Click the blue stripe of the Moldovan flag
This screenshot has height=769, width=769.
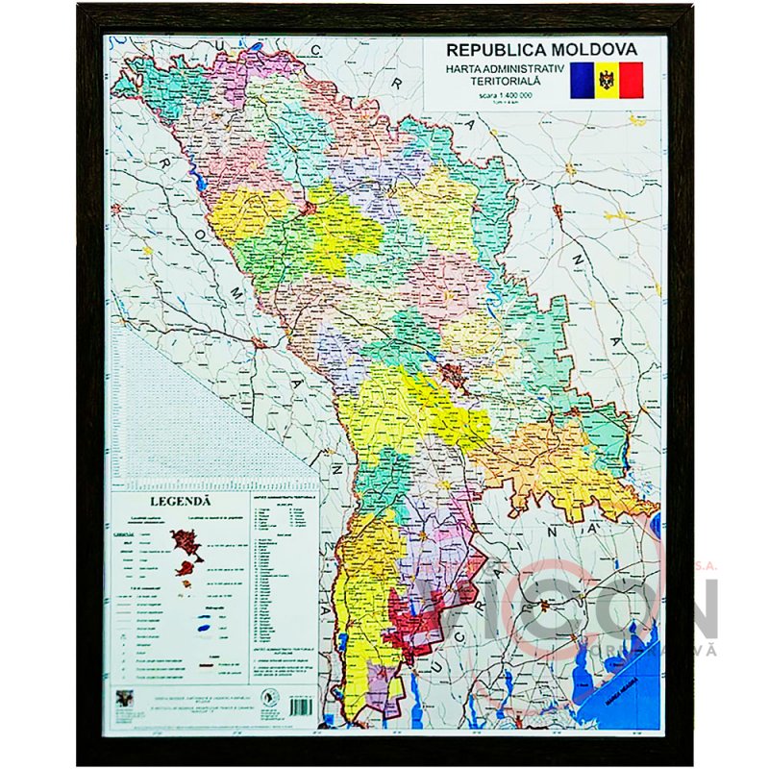point(583,80)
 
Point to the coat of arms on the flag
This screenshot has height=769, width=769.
point(606,80)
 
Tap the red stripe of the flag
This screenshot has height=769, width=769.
point(631,80)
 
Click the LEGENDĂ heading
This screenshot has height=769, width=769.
point(178,500)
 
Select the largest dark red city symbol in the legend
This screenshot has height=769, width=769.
point(185,546)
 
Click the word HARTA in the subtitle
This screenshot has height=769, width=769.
point(466,70)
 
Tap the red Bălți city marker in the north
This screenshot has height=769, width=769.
point(310,205)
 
